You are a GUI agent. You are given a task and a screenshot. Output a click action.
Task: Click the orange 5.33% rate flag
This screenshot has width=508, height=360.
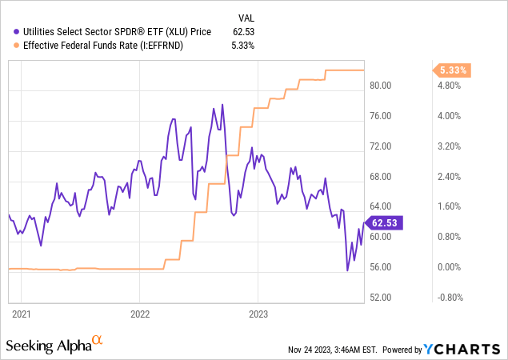tap(452, 70)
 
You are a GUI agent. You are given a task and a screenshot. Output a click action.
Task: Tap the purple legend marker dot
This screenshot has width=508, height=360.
tap(17, 31)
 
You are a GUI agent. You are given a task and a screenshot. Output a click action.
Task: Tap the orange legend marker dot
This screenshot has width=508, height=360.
tap(17, 45)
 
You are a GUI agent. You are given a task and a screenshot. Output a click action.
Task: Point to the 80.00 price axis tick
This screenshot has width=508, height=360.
tap(381, 86)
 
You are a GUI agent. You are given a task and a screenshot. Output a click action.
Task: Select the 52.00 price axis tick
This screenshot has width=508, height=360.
tap(381, 298)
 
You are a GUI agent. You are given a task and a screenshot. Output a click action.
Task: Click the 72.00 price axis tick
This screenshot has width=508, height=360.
tap(381, 146)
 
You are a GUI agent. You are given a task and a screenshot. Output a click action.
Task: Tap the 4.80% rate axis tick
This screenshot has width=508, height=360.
tap(450, 86)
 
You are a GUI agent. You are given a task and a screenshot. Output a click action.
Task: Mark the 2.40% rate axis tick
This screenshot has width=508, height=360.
tap(450, 177)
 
